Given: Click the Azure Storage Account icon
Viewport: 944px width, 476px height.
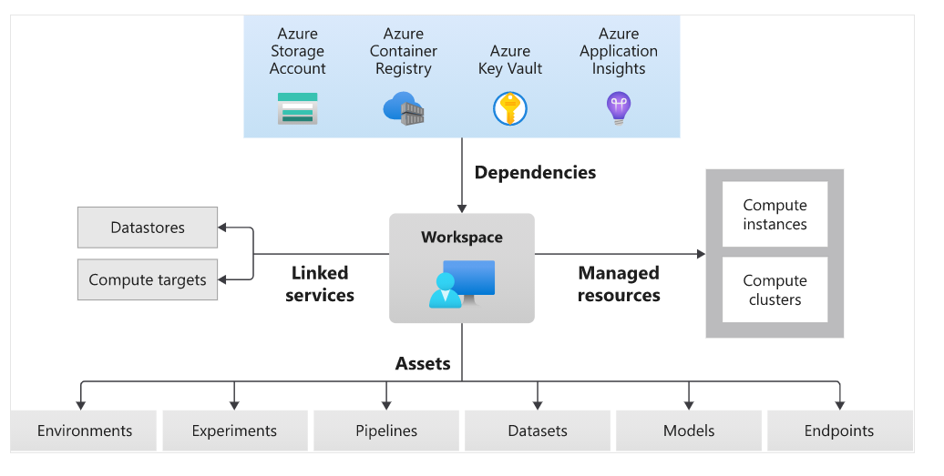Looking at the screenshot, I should pyautogui.click(x=297, y=108).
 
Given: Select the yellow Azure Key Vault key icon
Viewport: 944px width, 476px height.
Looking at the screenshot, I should pyautogui.click(x=510, y=108).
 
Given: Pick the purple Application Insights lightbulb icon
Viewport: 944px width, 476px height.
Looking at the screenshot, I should pyautogui.click(x=619, y=108).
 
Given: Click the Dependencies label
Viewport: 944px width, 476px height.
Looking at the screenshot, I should pyautogui.click(x=535, y=172).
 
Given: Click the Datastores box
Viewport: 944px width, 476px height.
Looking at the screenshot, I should pyautogui.click(x=148, y=228).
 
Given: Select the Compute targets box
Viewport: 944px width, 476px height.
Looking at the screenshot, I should pyautogui.click(x=148, y=279).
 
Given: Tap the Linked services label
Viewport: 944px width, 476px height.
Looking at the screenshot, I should pyautogui.click(x=319, y=284).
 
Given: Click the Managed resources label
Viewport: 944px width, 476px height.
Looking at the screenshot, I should pyautogui.click(x=619, y=284).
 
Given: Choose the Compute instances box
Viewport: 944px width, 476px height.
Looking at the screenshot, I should pyautogui.click(x=775, y=215).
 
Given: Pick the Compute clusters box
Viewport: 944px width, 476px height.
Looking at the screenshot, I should pyautogui.click(x=775, y=289).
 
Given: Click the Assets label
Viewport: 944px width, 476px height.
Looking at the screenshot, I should pyautogui.click(x=423, y=363).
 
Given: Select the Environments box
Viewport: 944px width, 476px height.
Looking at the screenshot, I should pyautogui.click(x=84, y=430).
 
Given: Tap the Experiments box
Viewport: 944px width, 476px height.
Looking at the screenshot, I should pyautogui.click(x=234, y=430).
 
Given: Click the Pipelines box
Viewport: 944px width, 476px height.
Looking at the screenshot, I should pyautogui.click(x=386, y=430).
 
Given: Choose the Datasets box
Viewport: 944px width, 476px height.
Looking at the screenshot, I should pyautogui.click(x=538, y=430).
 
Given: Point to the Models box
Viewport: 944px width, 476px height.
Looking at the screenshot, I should pyautogui.click(x=689, y=430).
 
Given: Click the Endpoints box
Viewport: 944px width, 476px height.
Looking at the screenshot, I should pyautogui.click(x=839, y=430).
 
